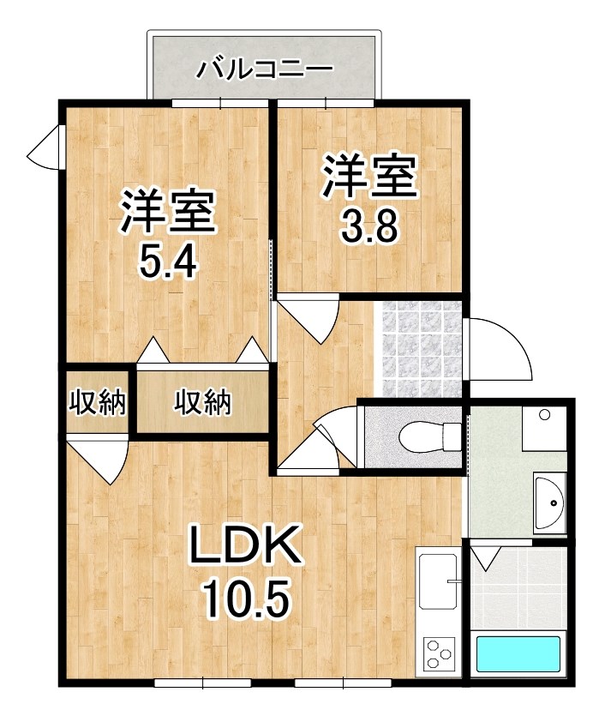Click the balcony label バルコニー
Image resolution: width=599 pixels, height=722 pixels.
point(265,70)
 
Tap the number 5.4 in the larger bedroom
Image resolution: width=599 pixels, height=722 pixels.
point(168,261)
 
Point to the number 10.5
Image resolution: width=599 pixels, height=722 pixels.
point(248,599)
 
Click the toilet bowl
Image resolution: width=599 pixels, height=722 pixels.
point(429,436)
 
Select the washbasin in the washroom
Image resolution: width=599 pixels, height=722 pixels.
point(550,503)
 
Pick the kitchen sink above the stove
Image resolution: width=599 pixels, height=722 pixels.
point(439,583)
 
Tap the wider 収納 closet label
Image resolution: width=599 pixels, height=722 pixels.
point(202,402)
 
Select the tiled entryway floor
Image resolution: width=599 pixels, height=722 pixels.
point(419,348)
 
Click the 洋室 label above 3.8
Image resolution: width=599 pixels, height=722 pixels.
point(369,177)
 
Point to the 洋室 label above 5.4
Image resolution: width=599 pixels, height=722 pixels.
point(168,211)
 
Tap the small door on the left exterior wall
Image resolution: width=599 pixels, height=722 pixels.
point(45,147)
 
